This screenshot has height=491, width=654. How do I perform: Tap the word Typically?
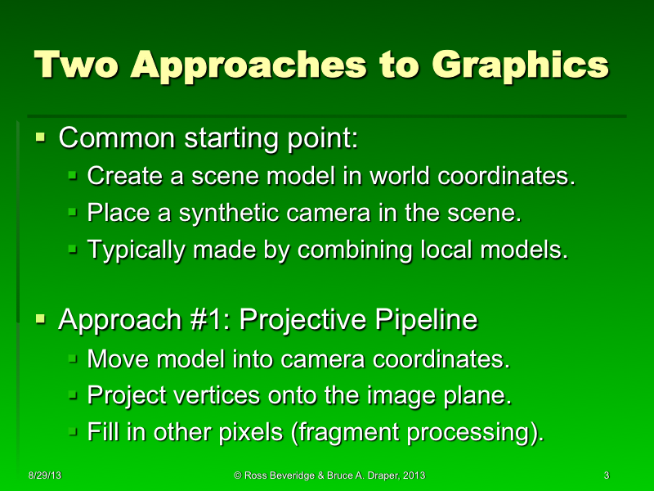136,250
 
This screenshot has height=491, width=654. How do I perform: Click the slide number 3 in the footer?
606,475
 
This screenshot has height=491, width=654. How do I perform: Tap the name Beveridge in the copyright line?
292,475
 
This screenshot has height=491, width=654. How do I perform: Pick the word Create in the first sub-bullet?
118,176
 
